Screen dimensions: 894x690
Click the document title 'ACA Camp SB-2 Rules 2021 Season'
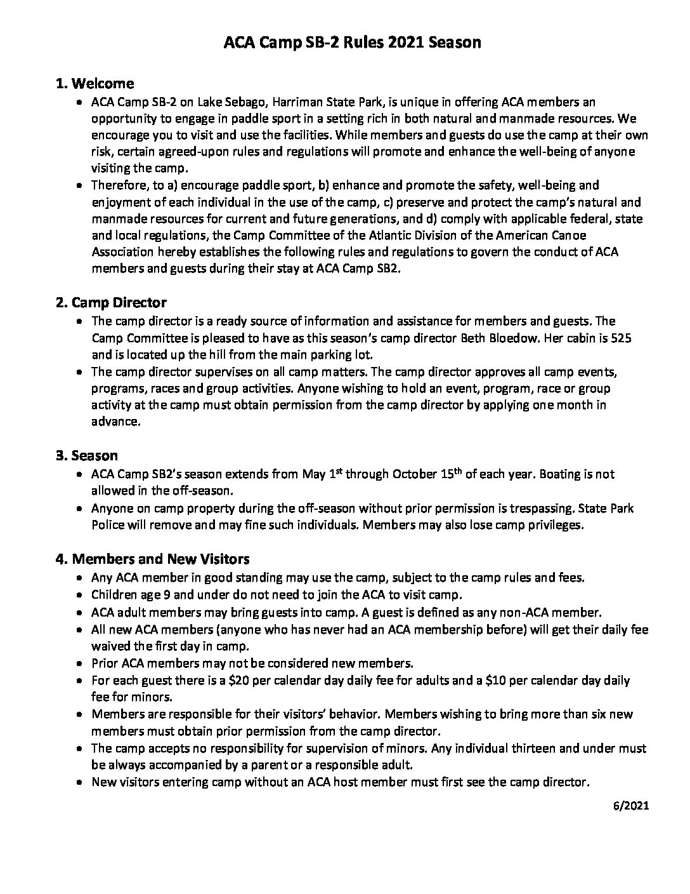point(353,43)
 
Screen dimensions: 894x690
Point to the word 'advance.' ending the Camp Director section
point(115,422)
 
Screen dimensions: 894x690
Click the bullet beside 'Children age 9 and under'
point(79,596)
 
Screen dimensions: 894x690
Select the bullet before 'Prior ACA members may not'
point(79,664)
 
